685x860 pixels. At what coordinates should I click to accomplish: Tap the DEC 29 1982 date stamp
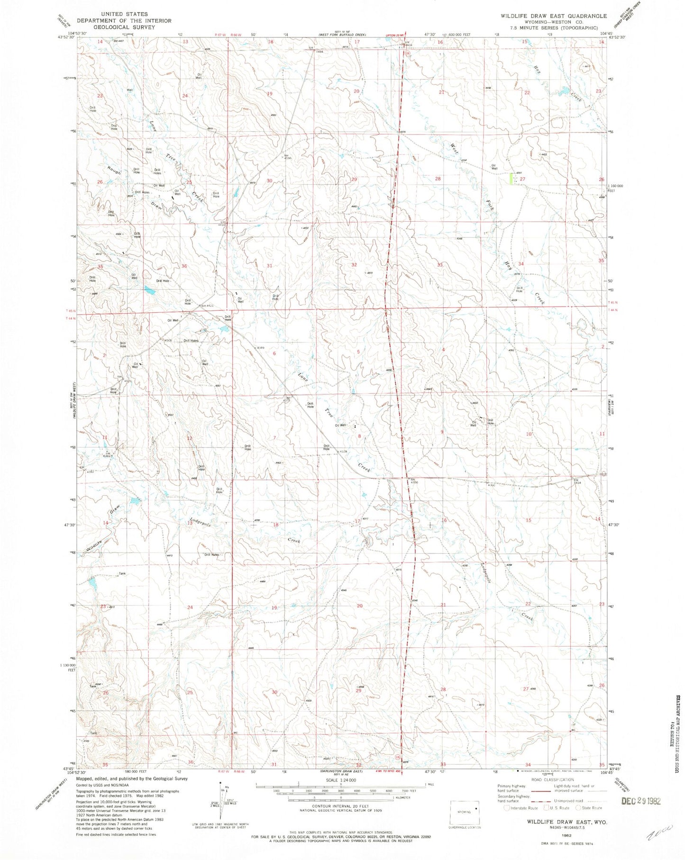click(x=640, y=801)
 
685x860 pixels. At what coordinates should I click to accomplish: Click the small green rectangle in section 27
click(x=511, y=179)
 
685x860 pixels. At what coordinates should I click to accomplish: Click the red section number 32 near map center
click(x=354, y=265)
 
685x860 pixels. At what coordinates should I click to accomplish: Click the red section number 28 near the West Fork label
click(x=438, y=179)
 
